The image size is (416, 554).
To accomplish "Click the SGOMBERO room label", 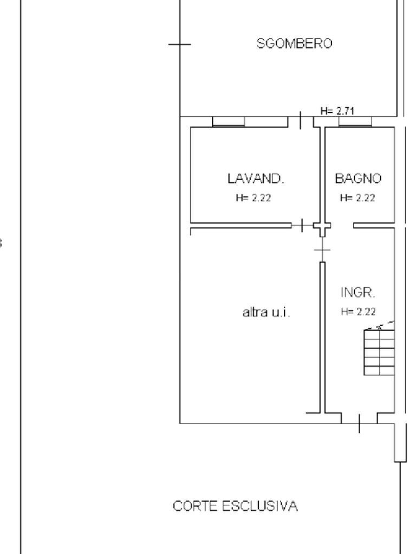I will [x=294, y=44].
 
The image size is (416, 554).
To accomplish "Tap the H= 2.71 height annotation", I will [x=337, y=111].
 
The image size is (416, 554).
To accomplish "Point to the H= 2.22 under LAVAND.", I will [x=253, y=198].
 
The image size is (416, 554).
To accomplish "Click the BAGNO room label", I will [x=358, y=178].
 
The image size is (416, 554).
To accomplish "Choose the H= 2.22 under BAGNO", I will [x=357, y=198].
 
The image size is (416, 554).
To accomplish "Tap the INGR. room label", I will [x=358, y=293].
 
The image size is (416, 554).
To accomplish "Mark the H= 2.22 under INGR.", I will [x=358, y=312].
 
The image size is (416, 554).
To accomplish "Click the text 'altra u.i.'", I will [x=266, y=312].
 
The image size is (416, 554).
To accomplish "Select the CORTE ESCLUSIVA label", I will [x=235, y=506].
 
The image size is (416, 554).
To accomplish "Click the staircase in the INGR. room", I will [x=379, y=352].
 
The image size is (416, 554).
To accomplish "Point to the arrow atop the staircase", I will [x=380, y=326].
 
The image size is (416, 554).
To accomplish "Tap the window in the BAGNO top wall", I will [x=355, y=122].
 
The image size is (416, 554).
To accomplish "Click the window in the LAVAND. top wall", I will [x=249, y=122].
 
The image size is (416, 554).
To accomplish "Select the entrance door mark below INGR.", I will [x=359, y=423].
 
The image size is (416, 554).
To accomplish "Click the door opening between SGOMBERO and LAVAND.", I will [x=302, y=121].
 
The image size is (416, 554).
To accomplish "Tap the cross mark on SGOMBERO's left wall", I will [x=179, y=44].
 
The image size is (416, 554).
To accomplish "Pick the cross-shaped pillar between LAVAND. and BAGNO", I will [x=322, y=227].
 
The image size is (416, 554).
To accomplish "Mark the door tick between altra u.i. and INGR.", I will [x=322, y=250].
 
